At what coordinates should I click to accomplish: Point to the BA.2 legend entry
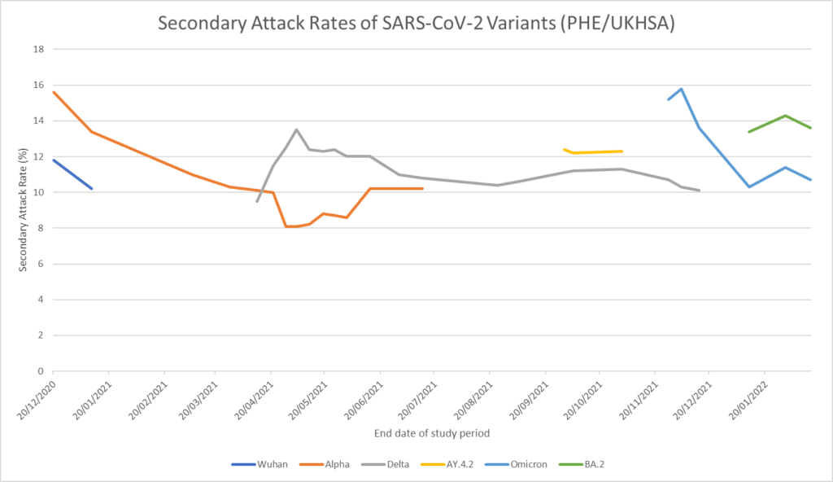tap(585, 465)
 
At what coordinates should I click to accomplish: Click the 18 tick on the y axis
tap(37, 50)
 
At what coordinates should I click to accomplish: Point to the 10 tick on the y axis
tap(37, 193)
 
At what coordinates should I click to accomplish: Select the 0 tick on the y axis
tap(39, 371)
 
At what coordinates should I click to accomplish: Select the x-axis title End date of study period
tap(432, 433)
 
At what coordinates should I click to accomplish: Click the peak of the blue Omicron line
tap(681, 89)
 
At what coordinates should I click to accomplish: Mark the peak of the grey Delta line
tap(296, 129)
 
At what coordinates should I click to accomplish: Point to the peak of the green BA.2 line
tap(785, 116)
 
